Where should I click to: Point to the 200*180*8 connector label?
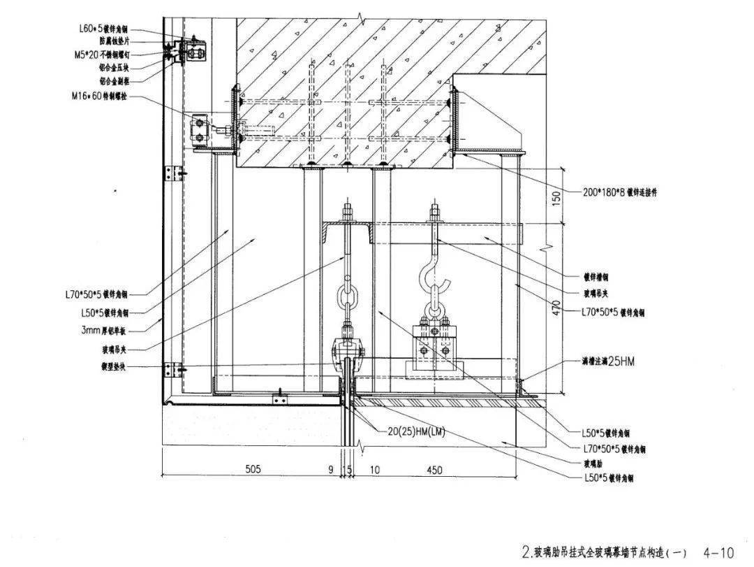click(x=619, y=192)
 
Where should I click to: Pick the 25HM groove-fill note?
click(x=607, y=361)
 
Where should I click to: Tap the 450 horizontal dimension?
click(x=434, y=471)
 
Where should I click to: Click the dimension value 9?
click(x=332, y=471)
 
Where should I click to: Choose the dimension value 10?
click(x=375, y=471)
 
